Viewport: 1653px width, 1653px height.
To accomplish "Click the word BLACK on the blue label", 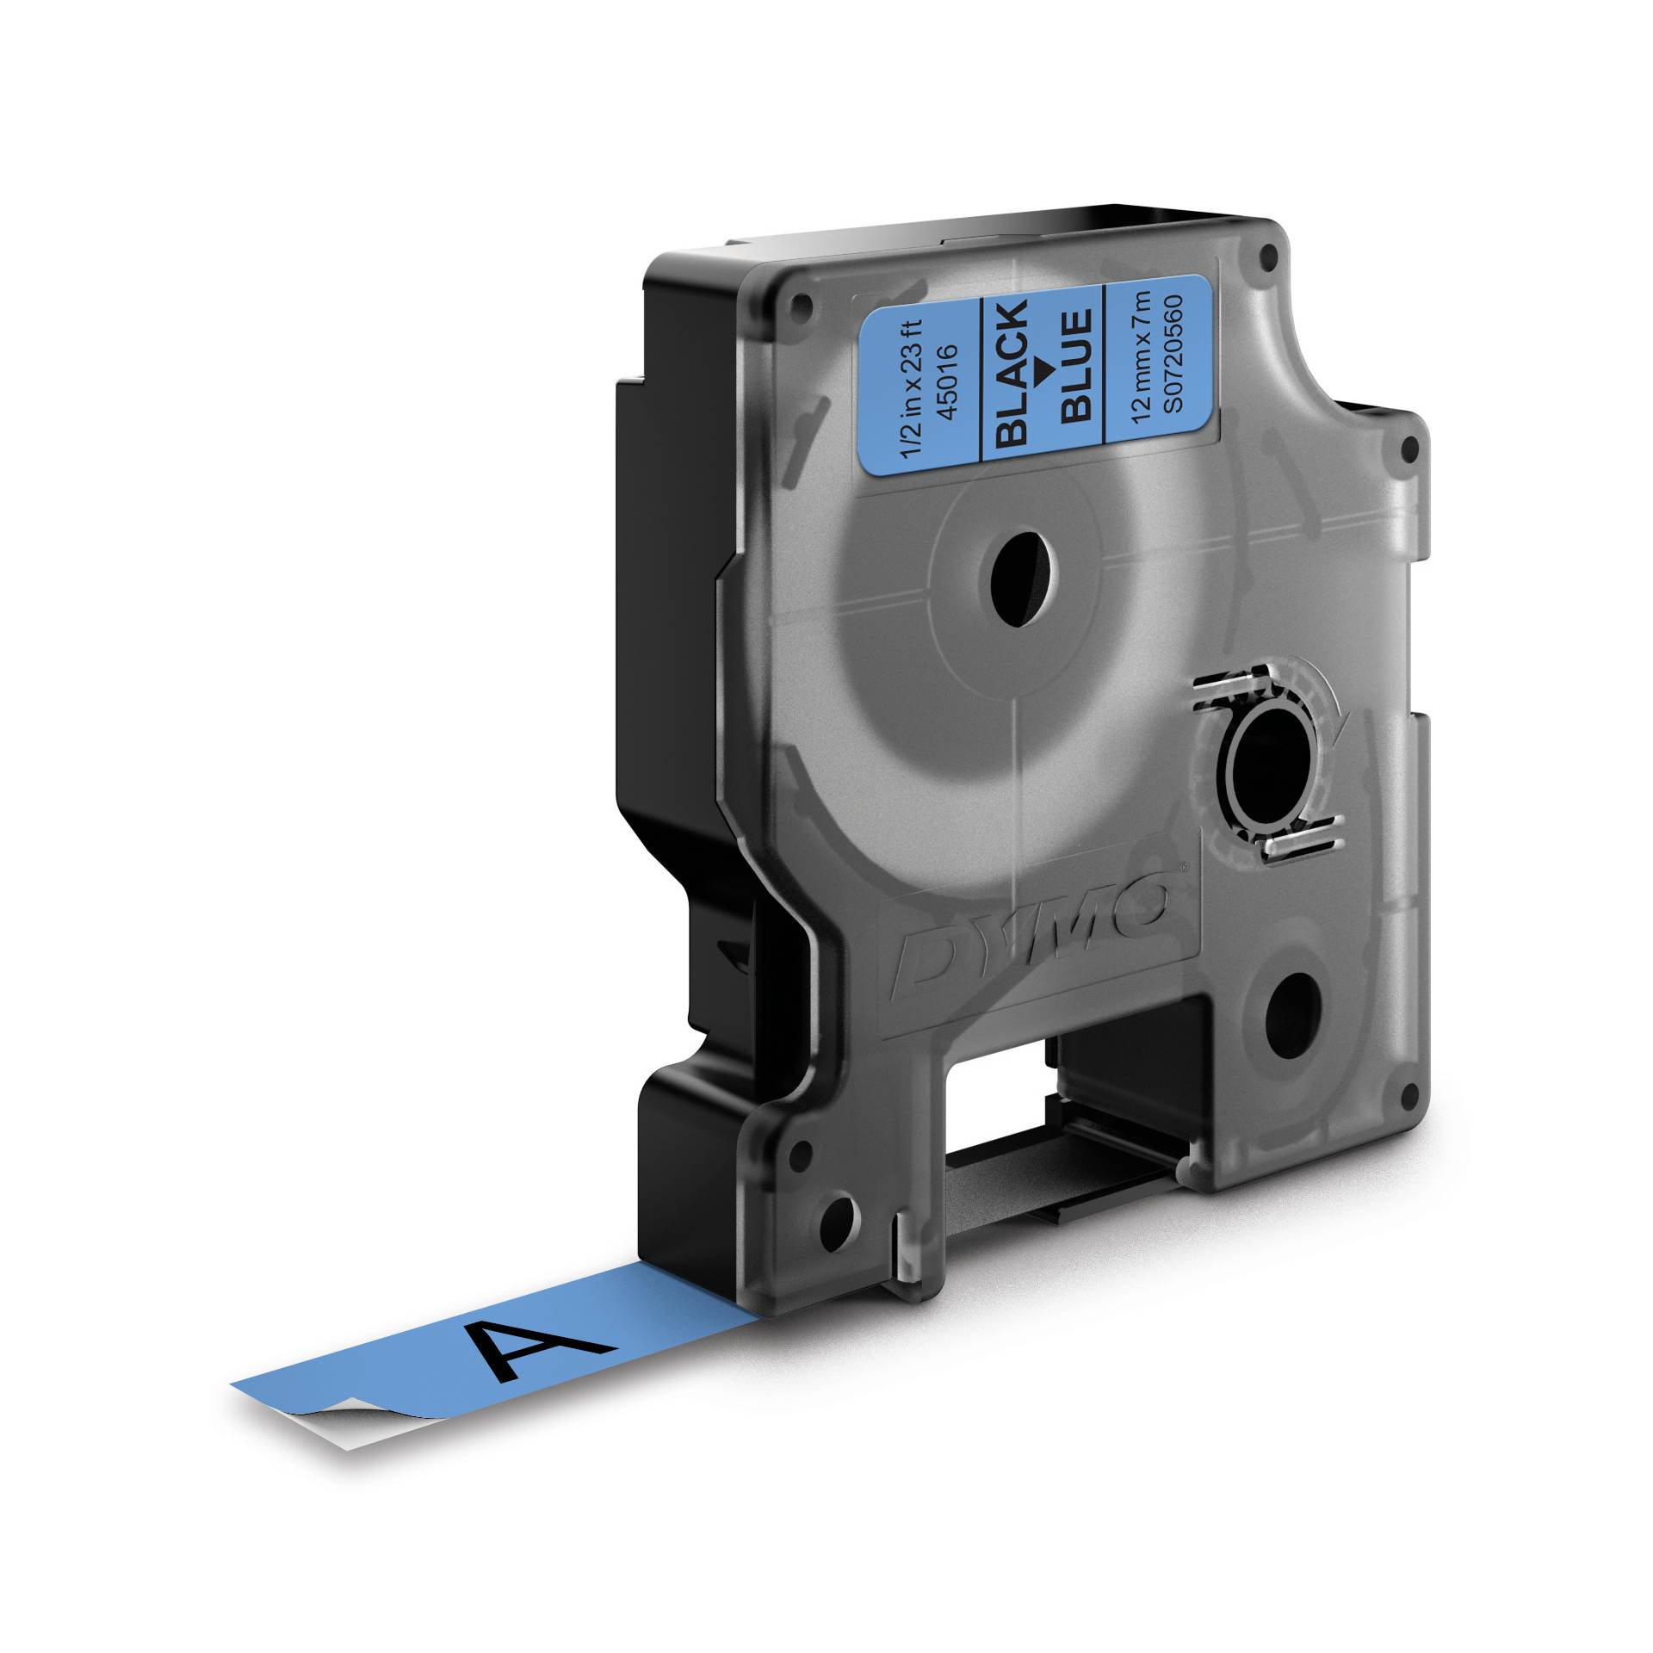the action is click(x=1012, y=375).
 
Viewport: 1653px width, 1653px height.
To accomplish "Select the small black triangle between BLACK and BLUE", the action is click(x=1043, y=372).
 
